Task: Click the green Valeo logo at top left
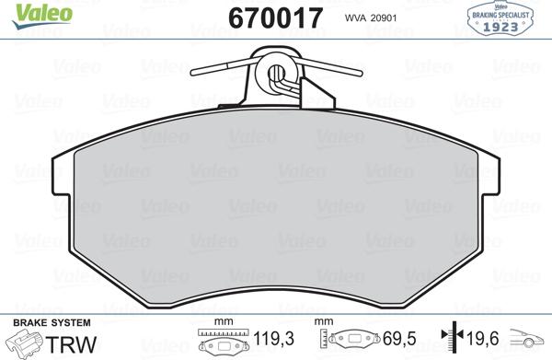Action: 30,13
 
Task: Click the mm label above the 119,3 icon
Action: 220,322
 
